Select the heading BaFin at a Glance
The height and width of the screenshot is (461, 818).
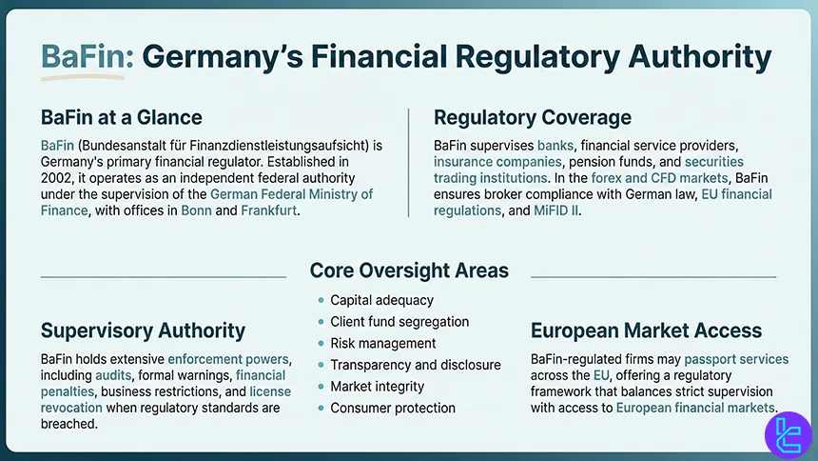click(122, 117)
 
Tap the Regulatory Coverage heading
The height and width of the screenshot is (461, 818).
click(532, 117)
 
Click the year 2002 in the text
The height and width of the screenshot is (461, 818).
click(57, 178)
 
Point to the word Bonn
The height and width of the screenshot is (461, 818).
click(196, 210)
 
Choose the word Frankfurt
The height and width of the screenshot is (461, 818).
click(268, 210)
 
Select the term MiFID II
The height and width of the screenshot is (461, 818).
click(555, 210)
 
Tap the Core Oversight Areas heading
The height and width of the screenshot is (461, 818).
click(409, 271)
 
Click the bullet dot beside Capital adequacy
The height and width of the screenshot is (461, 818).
click(321, 300)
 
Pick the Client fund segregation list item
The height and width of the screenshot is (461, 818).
click(399, 321)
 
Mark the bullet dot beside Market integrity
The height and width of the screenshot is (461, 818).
click(321, 387)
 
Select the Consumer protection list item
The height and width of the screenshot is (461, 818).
click(393, 408)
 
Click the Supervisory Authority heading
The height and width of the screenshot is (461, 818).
click(143, 331)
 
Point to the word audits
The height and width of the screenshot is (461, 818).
click(113, 375)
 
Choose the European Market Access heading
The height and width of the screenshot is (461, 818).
click(647, 331)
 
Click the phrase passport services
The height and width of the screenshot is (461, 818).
click(736, 359)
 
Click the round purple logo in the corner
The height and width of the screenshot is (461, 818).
click(788, 435)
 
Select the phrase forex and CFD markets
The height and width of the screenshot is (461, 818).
click(659, 178)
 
